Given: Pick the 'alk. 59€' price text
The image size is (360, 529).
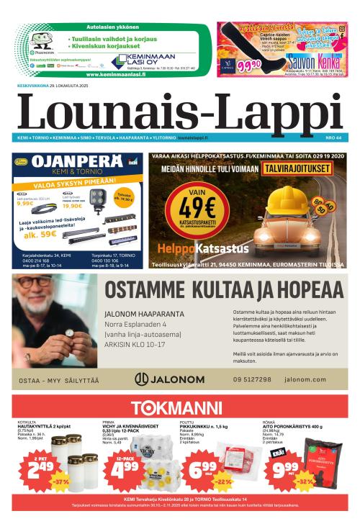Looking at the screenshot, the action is [x=42, y=233].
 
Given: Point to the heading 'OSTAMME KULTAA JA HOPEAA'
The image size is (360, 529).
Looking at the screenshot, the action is [x=223, y=289].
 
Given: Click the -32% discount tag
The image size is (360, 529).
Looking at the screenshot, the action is [x=305, y=482].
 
